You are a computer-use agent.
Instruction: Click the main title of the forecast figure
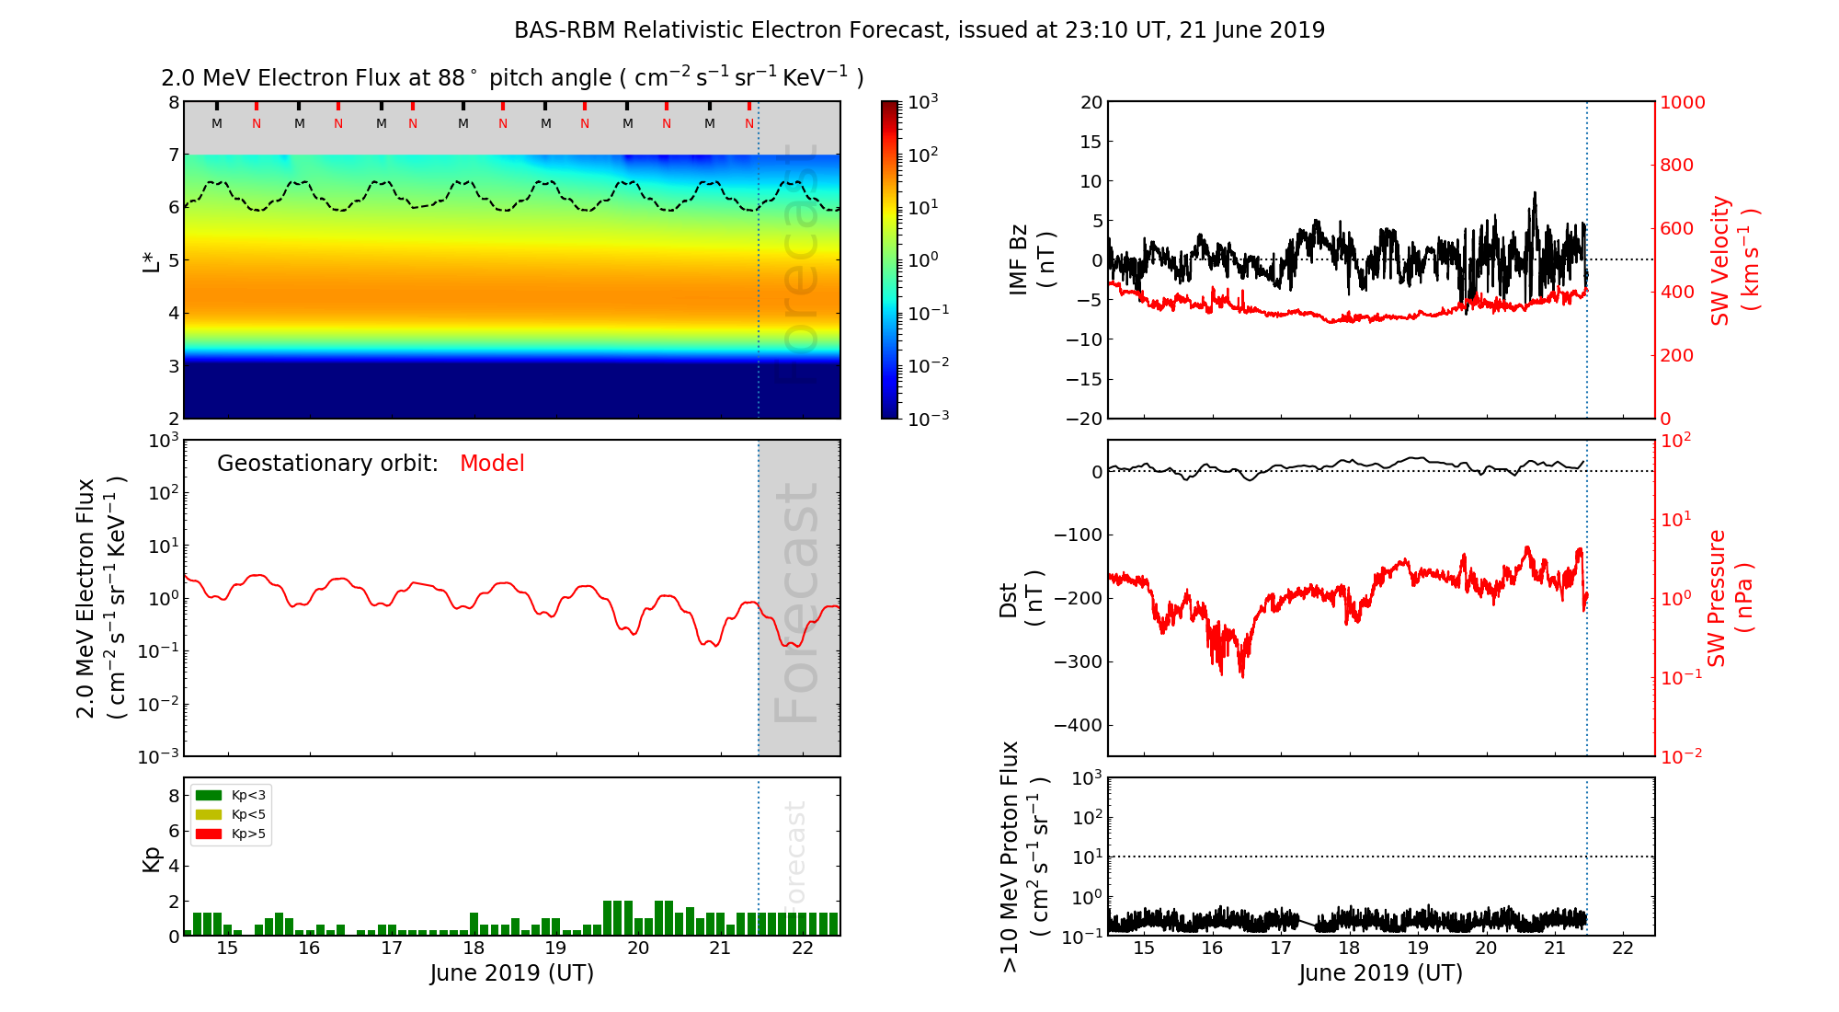point(919,30)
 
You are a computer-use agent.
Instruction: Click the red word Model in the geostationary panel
point(492,464)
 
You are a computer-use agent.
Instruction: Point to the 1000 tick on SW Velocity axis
point(1682,102)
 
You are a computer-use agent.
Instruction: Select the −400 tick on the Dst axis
point(1078,725)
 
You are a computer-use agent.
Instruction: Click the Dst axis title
point(1021,598)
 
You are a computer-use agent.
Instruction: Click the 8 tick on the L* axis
point(173,102)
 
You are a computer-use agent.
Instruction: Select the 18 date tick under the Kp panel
point(474,949)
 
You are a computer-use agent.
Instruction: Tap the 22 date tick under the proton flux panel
point(1623,949)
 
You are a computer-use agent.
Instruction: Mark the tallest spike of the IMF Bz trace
point(1534,194)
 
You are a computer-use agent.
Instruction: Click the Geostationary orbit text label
point(327,464)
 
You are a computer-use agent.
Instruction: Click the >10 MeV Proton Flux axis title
point(1023,857)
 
